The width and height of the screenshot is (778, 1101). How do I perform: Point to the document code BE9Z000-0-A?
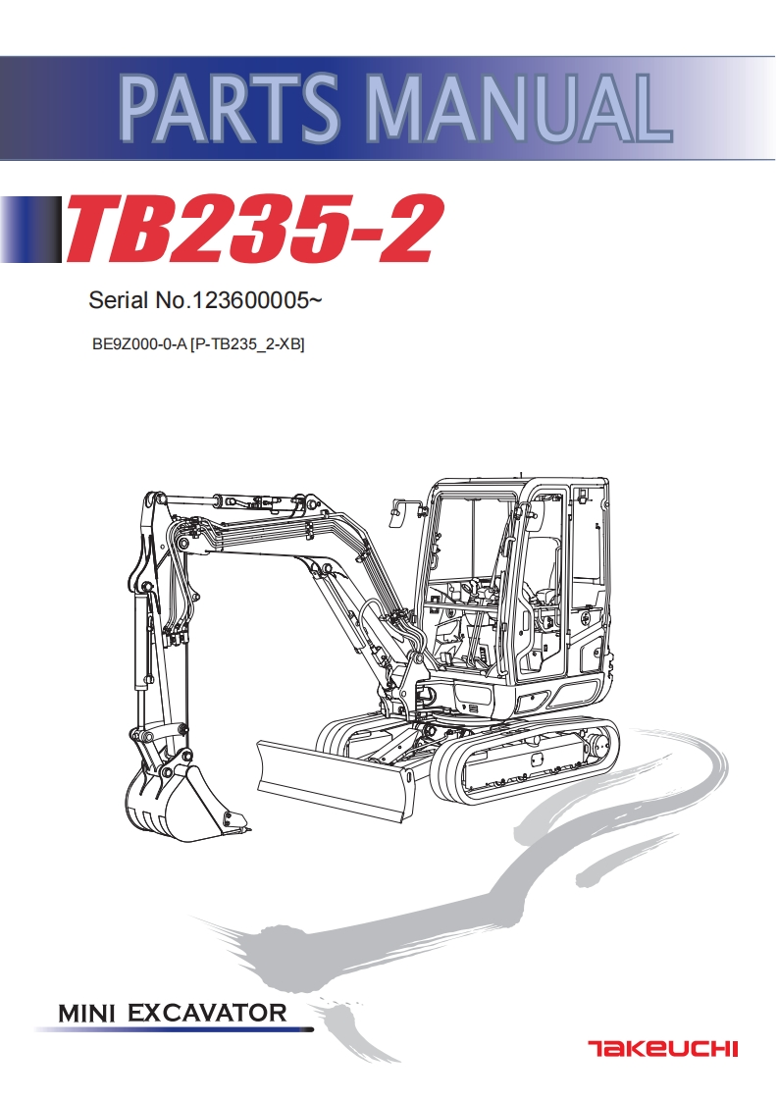pyautogui.click(x=138, y=344)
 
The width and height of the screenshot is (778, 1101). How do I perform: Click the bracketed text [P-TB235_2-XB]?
pyautogui.click(x=247, y=344)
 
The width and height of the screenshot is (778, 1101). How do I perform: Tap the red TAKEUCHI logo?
pyautogui.click(x=662, y=1049)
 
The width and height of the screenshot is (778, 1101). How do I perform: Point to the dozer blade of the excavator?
pyautogui.click(x=334, y=780)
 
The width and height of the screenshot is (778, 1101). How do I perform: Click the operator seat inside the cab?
pyautogui.click(x=543, y=569)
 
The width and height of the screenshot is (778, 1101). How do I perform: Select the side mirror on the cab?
pyautogui.click(x=399, y=508)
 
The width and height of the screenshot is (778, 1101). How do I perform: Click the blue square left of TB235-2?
pyautogui.click(x=29, y=231)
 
